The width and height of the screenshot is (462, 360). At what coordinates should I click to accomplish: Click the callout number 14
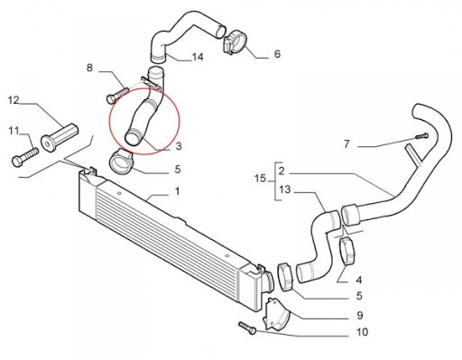[198, 57]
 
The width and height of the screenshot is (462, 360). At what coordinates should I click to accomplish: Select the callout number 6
[277, 54]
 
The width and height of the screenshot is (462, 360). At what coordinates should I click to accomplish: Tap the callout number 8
[89, 68]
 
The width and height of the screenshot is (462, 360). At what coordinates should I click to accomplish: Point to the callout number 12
[14, 100]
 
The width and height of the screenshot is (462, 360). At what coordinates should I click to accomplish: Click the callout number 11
[14, 131]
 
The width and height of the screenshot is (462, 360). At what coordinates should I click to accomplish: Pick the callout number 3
[179, 146]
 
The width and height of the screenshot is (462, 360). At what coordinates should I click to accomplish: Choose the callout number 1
[178, 191]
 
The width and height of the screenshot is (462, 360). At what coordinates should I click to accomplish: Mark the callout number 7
[346, 144]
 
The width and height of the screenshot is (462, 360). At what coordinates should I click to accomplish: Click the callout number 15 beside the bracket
[260, 179]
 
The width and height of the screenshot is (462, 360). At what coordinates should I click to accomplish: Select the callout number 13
[285, 189]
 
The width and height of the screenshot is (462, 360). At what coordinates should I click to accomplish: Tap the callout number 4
[359, 280]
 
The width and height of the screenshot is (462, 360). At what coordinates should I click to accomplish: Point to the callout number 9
[359, 315]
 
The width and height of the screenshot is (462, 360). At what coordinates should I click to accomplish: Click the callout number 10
[362, 332]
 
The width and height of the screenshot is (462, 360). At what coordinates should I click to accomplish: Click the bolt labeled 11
[25, 156]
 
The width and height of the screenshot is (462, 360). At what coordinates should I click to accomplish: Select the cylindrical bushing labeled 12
[60, 137]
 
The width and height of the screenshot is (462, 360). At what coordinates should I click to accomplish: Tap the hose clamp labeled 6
[236, 42]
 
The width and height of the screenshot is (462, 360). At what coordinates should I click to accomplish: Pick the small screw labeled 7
[422, 136]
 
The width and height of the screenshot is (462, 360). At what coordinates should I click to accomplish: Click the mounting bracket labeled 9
[276, 315]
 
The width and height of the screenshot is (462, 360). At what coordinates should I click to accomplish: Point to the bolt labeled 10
[247, 328]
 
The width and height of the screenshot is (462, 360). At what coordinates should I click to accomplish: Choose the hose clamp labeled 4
[347, 252]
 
